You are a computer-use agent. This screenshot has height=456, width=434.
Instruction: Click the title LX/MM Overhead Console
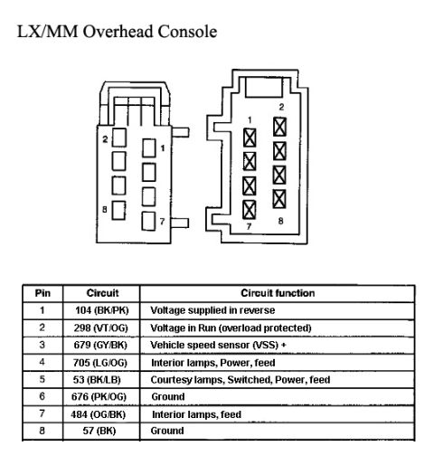pos(117,32)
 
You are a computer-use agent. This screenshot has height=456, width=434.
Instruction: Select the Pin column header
pos(42,293)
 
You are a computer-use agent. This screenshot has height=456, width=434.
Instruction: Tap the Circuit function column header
pos(278,293)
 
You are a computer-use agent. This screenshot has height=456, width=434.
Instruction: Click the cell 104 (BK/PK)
pos(102,310)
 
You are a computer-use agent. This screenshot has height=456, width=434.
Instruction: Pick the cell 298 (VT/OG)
pos(101,328)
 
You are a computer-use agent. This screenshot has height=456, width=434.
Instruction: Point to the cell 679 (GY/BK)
pos(100,345)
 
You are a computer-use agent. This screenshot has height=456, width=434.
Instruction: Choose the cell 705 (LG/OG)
pos(100,363)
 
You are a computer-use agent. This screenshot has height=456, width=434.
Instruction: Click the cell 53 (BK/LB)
pos(97,380)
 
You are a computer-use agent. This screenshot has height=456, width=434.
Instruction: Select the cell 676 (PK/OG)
pos(99,396)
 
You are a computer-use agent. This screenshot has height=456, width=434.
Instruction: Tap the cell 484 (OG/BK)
pos(99,414)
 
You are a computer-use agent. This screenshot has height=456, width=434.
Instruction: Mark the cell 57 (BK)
pos(99,431)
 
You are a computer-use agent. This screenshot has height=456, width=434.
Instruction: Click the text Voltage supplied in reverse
pos(212,310)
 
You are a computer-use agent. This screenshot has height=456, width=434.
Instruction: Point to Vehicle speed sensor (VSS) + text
pos(218,345)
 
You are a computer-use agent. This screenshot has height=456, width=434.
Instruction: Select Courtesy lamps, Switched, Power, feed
pos(241,380)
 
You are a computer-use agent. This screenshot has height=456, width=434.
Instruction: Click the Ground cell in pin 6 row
pos(168,396)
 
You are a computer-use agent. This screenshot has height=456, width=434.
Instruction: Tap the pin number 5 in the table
pos(42,379)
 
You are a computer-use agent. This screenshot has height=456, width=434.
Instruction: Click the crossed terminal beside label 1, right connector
pos(250,138)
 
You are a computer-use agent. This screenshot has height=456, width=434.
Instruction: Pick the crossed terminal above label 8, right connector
pos(279,199)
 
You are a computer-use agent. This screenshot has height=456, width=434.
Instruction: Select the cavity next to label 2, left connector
pos(119,138)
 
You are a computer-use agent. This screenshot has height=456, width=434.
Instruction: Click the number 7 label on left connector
pos(162,222)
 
